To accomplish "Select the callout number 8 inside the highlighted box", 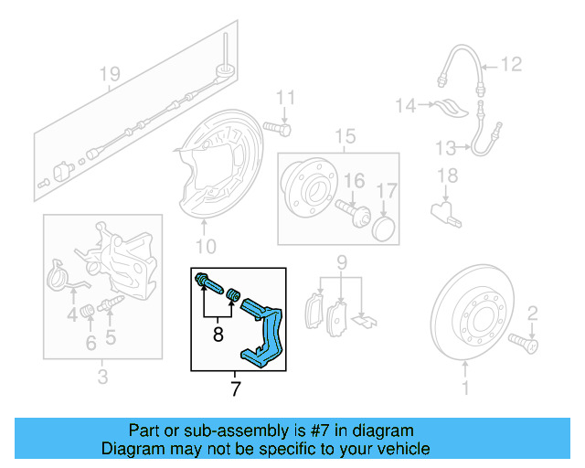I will (218, 335).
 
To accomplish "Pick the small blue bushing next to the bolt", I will (233, 296).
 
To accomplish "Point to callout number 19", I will (110, 73).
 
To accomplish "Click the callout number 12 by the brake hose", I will (510, 64).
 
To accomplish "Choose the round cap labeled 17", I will (383, 227).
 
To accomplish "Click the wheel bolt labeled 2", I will (528, 344).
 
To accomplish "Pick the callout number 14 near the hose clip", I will (405, 106).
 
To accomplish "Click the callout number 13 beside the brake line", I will (445, 147).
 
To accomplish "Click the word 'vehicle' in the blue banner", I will (398, 449).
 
